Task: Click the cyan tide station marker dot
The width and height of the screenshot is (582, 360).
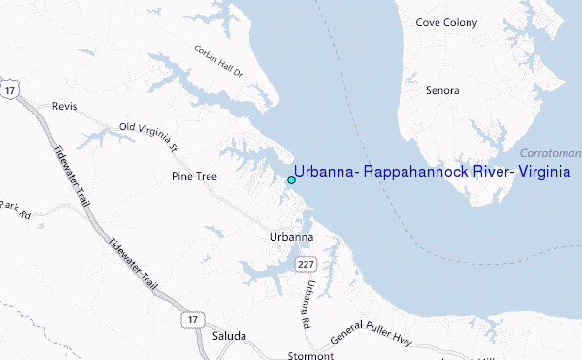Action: pyautogui.click(x=291, y=180)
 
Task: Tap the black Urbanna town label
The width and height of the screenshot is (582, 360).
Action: pyautogui.click(x=291, y=237)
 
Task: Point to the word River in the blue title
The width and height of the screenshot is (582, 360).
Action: pyautogui.click(x=469, y=171)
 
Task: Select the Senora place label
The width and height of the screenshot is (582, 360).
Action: pyautogui.click(x=441, y=90)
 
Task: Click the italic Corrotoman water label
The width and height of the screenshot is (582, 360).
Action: pyautogui.click(x=550, y=154)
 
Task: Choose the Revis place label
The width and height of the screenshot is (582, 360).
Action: pyautogui.click(x=64, y=106)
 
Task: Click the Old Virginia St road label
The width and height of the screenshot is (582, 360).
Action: pyautogui.click(x=147, y=138)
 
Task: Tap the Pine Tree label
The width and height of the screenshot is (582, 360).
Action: pyautogui.click(x=194, y=177)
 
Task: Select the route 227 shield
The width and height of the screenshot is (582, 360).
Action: pyautogui.click(x=307, y=263)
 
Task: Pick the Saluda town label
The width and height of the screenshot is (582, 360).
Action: pyautogui.click(x=229, y=336)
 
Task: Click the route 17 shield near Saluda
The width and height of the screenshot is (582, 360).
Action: pyautogui.click(x=191, y=317)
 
